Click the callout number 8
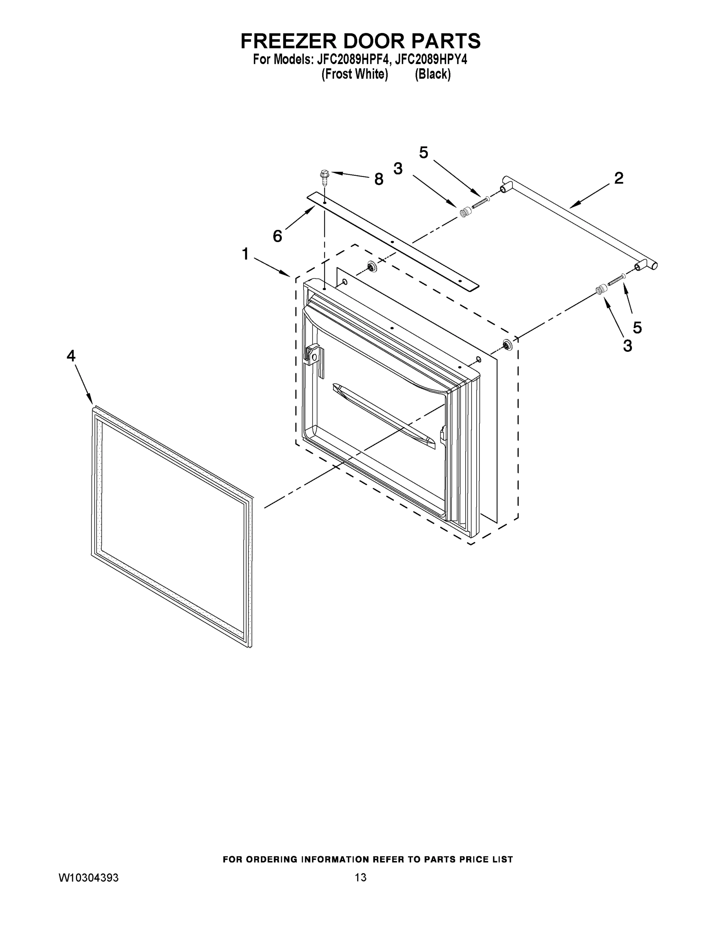[x=378, y=180]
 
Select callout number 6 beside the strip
[x=277, y=236]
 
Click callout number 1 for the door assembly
[x=245, y=254]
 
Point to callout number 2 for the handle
[x=618, y=178]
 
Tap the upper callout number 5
[x=423, y=152]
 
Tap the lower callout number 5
[x=637, y=327]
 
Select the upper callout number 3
[x=397, y=169]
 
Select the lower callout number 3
[x=627, y=345]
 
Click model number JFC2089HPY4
[x=431, y=59]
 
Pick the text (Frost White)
[x=354, y=74]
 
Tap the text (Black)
[x=432, y=74]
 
